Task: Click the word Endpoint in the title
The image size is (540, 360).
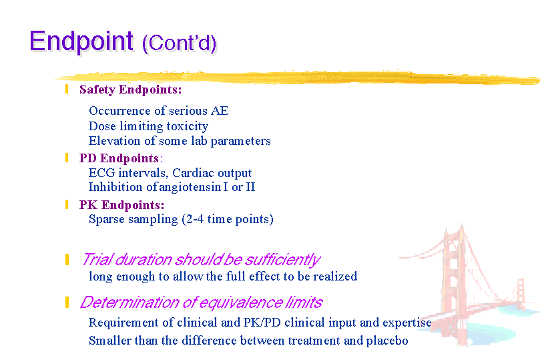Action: pyautogui.click(x=81, y=41)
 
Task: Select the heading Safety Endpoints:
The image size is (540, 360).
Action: pyautogui.click(x=131, y=89)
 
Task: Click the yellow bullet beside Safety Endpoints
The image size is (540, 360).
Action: pyautogui.click(x=67, y=89)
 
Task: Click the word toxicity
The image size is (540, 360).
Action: pyautogui.click(x=188, y=126)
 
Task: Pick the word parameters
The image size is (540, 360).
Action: pyautogui.click(x=241, y=141)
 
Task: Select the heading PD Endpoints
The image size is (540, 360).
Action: pyautogui.click(x=119, y=158)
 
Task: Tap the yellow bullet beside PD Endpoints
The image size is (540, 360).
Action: pyautogui.click(x=67, y=158)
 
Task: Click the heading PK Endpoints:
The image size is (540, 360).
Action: pyautogui.click(x=122, y=205)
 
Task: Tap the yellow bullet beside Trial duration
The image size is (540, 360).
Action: pyautogui.click(x=67, y=259)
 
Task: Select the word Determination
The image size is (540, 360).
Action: pyautogui.click(x=129, y=303)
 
